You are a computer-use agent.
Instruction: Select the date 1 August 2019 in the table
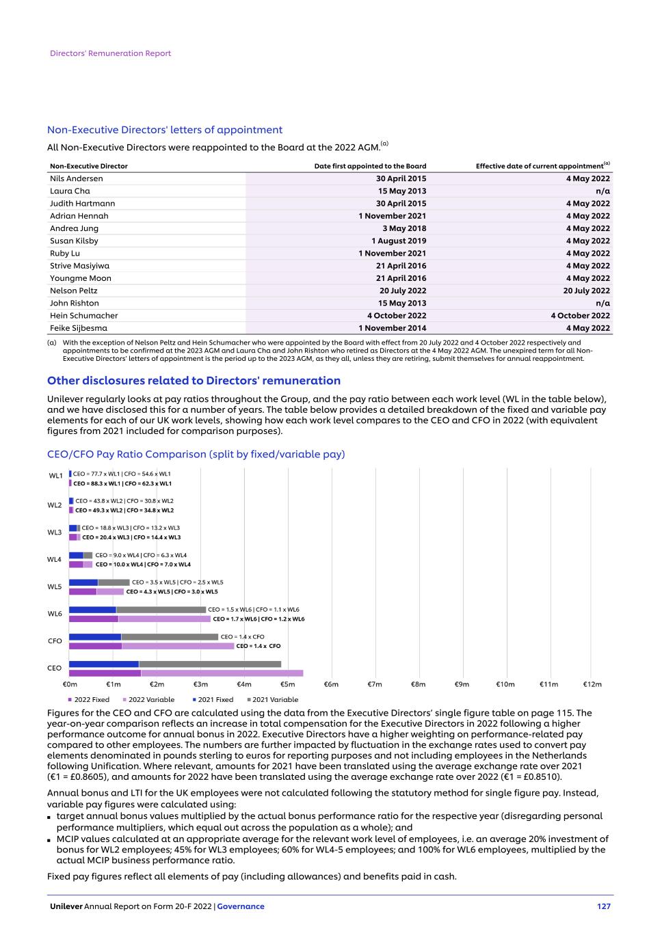pos(399,241)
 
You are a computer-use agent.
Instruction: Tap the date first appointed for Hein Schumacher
pos(397,316)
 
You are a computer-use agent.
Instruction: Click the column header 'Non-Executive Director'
pos(88,166)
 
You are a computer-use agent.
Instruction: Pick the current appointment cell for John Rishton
pos(603,303)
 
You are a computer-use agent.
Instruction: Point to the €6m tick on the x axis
pos(331,684)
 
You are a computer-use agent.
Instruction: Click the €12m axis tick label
pos(592,684)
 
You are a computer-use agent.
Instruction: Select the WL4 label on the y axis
pos(54,560)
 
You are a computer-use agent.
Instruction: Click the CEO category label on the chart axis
pos(54,668)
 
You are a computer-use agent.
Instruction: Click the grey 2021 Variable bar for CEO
pos(209,664)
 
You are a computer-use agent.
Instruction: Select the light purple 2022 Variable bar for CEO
pos(222,673)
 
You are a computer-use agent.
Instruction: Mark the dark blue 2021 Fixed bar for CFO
pos(95,637)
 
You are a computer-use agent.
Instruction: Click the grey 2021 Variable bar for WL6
pos(161,610)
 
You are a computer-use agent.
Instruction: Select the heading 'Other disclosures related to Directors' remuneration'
pos(194,381)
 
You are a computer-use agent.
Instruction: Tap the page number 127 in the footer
pos(603,906)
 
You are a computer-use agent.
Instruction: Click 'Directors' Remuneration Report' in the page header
pos(110,53)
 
